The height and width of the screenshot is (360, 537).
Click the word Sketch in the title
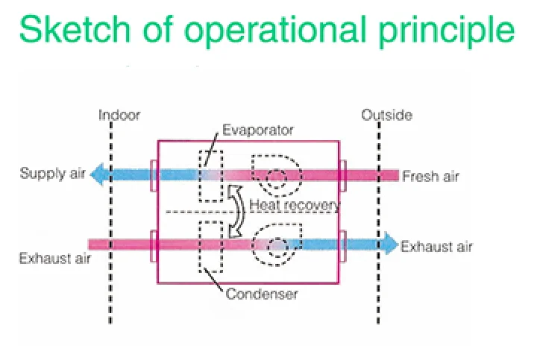[x=75, y=29]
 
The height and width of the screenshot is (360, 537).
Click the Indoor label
[x=119, y=116]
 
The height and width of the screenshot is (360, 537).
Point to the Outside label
[x=386, y=115]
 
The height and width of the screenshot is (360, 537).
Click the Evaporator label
[x=258, y=130]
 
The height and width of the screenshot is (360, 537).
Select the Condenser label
[x=262, y=294]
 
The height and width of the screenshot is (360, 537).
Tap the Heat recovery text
[x=295, y=205]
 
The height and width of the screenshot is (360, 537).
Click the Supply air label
[x=53, y=174]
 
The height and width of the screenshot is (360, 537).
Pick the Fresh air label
[x=431, y=176]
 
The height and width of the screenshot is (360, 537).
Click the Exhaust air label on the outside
[x=436, y=247]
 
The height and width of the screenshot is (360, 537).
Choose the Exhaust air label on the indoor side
[x=55, y=258]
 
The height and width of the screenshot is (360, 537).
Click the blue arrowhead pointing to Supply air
[x=97, y=174]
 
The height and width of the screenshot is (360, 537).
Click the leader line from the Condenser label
[x=214, y=280]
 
